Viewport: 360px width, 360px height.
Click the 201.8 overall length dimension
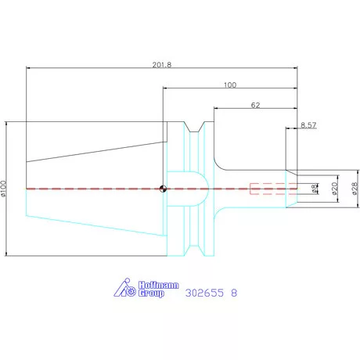coord(162,65)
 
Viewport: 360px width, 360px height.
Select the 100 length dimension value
coord(230,85)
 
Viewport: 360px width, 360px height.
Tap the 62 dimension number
coord(255,105)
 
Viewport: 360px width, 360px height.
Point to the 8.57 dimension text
coord(308,125)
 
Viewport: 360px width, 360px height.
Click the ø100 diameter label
coord(3,188)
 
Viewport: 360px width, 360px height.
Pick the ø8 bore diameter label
coord(315,189)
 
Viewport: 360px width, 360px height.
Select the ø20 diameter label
coord(335,189)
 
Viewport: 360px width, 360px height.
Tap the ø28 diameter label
coord(355,189)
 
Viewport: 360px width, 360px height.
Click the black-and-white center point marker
coord(163,189)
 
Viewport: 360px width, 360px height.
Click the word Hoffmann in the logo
coord(159,285)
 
